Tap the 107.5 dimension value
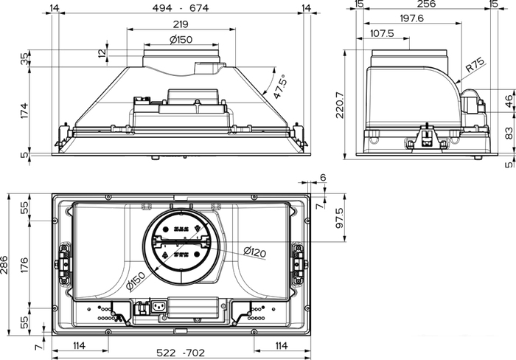381,34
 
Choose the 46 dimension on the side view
508,100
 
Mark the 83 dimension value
508,133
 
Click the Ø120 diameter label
254,252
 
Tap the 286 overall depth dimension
7,263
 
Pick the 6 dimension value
322,178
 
